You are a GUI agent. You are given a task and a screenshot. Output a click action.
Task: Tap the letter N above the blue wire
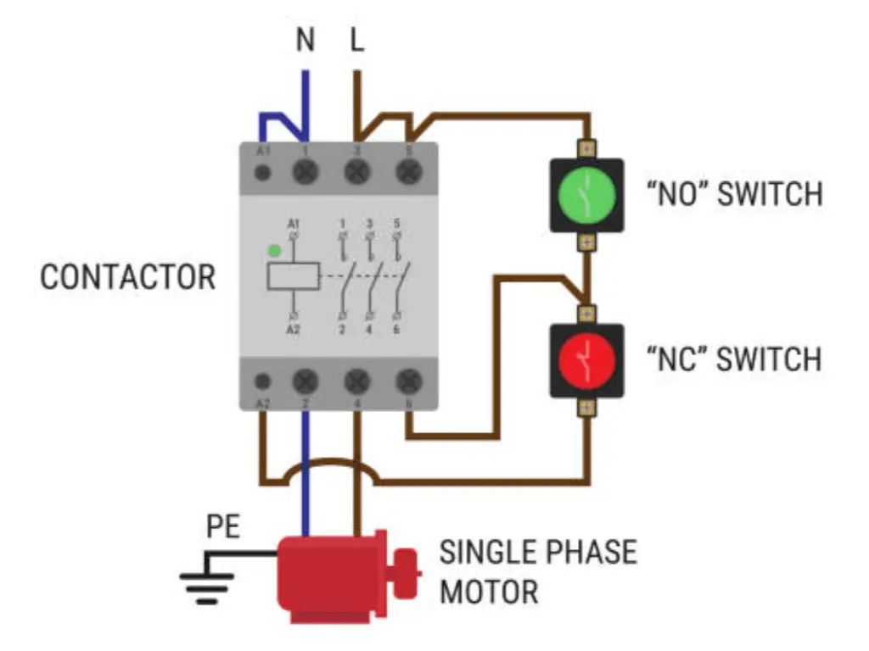pos(306,40)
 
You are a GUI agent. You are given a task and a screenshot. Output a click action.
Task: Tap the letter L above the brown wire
pos(357,40)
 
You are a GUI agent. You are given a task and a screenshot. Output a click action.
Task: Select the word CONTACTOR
pos(128,278)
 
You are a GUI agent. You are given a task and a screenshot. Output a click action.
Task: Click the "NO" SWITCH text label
pos(734,194)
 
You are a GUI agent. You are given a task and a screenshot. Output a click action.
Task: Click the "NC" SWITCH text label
pos(734,359)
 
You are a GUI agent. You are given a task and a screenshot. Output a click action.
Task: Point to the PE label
pos(223,528)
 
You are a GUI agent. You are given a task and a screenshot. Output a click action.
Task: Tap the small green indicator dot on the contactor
pos(273,251)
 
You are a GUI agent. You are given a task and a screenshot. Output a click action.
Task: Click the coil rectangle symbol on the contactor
pos(293,276)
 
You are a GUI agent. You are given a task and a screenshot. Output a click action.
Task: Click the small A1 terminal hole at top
pos(264,173)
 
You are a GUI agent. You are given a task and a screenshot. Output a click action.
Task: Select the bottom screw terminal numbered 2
pos(306,381)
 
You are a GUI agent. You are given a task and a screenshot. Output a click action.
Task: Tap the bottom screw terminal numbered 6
pos(409,381)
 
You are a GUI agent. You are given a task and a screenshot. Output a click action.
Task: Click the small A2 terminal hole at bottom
pos(264,382)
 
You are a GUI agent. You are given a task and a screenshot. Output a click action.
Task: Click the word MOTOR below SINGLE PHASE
pos(488,591)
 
